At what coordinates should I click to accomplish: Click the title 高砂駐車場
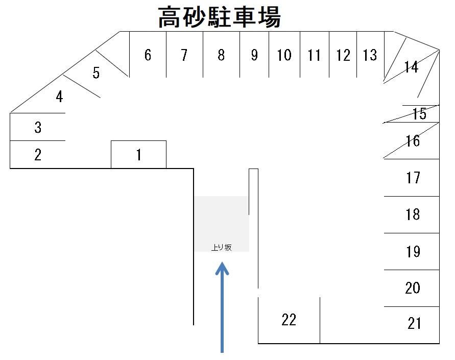click(x=219, y=17)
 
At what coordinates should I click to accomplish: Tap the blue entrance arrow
click(x=222, y=306)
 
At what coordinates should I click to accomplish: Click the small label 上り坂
click(x=222, y=247)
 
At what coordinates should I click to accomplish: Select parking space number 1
click(x=138, y=155)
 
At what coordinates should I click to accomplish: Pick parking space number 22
click(x=289, y=320)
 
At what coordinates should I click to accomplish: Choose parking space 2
click(x=38, y=155)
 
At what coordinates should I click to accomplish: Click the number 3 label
click(x=38, y=127)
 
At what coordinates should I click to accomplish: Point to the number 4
click(x=59, y=96)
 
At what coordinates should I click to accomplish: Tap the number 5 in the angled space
click(x=96, y=73)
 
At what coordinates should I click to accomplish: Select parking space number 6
click(x=148, y=55)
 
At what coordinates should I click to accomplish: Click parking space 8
click(x=221, y=55)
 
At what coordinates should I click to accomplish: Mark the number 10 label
click(x=284, y=55)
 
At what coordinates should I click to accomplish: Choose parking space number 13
click(x=370, y=55)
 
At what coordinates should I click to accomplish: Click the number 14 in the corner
click(x=411, y=67)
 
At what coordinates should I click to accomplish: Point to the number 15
click(x=419, y=114)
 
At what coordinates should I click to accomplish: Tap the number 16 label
click(x=413, y=140)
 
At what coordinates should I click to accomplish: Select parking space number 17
click(x=413, y=178)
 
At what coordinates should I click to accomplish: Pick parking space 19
click(x=413, y=251)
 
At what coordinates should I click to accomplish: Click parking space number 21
click(x=414, y=323)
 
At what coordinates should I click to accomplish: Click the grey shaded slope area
click(x=221, y=220)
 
